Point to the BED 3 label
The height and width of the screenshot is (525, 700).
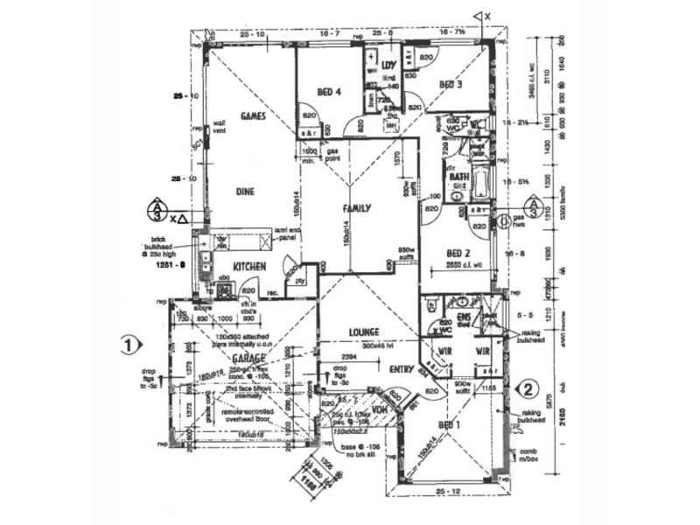coord(450,85)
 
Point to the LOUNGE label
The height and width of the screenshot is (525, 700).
coord(362,332)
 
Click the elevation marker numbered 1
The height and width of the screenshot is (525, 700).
coord(129,344)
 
